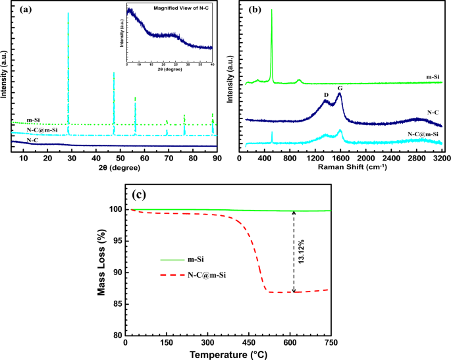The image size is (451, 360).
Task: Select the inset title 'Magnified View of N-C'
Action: pyautogui.click(x=180, y=8)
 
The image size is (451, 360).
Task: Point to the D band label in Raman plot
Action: pyautogui.click(x=325, y=93)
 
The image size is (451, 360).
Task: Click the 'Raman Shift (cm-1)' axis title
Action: pyautogui.click(x=341, y=167)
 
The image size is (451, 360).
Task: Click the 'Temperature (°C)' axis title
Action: pyautogui.click(x=227, y=355)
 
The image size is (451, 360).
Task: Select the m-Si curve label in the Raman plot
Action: pyautogui.click(x=432, y=77)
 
